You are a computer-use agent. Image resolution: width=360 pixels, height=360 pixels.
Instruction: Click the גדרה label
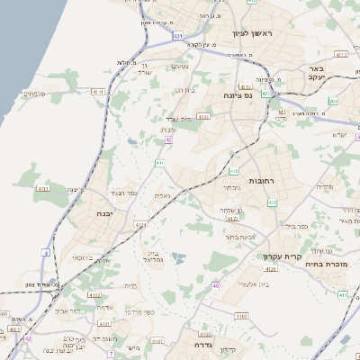point(193,345)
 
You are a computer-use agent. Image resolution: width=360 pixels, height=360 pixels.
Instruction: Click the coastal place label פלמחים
point(33,93)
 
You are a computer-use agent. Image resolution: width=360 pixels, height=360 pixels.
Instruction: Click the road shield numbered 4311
point(42,188)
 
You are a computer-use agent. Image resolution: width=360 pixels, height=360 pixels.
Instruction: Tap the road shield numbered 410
point(234,170)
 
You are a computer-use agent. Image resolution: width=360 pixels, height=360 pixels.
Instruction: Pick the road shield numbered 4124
point(140,224)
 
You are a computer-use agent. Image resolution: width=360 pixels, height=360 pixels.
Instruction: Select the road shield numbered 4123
point(232,218)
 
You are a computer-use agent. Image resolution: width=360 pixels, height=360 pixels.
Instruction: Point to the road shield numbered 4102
point(94,294)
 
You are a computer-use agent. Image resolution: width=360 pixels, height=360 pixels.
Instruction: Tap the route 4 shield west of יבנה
point(45,253)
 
